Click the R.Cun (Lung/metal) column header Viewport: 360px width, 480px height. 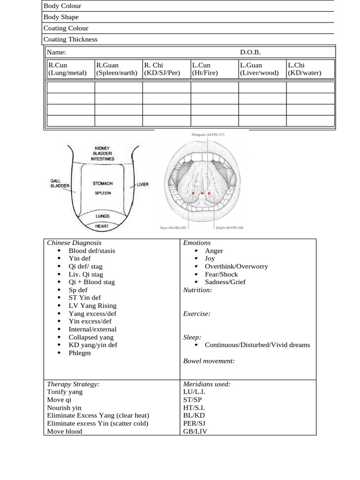point(67,69)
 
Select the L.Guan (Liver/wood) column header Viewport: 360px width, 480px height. point(259,69)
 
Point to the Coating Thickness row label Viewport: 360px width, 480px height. point(70,39)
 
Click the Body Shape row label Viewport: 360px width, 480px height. point(61,17)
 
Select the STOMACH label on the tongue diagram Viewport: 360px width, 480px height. point(103,184)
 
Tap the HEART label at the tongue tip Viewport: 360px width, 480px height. point(102,226)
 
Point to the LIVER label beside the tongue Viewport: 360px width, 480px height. point(142,184)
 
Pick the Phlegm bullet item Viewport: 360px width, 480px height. point(80,353)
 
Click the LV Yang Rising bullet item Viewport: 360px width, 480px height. point(92,306)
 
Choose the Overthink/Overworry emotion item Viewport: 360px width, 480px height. point(236,266)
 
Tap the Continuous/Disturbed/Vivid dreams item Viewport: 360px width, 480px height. point(257,345)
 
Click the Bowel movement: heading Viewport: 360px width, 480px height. point(209,360)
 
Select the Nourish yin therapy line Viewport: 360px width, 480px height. point(64,408)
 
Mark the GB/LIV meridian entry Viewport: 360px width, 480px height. point(195,431)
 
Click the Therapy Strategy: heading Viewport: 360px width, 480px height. point(73,384)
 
